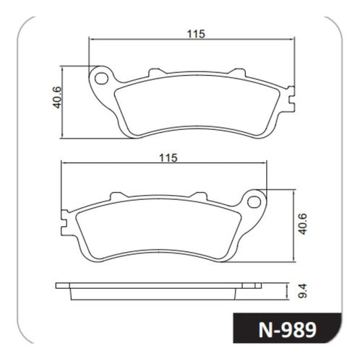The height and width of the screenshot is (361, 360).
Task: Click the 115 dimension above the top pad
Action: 196,34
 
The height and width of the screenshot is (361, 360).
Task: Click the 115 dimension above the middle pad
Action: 168,158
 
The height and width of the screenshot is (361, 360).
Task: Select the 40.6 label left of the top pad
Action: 57,97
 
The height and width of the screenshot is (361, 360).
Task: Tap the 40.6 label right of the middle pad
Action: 302,224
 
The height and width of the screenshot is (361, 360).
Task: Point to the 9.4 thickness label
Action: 303,291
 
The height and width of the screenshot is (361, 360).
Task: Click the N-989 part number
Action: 287,330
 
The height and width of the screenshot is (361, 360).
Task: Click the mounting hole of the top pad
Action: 101,79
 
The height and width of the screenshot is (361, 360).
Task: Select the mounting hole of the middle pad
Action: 254,202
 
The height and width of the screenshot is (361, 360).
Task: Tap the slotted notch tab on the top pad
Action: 291,99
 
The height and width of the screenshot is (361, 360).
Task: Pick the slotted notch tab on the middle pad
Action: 64,222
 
